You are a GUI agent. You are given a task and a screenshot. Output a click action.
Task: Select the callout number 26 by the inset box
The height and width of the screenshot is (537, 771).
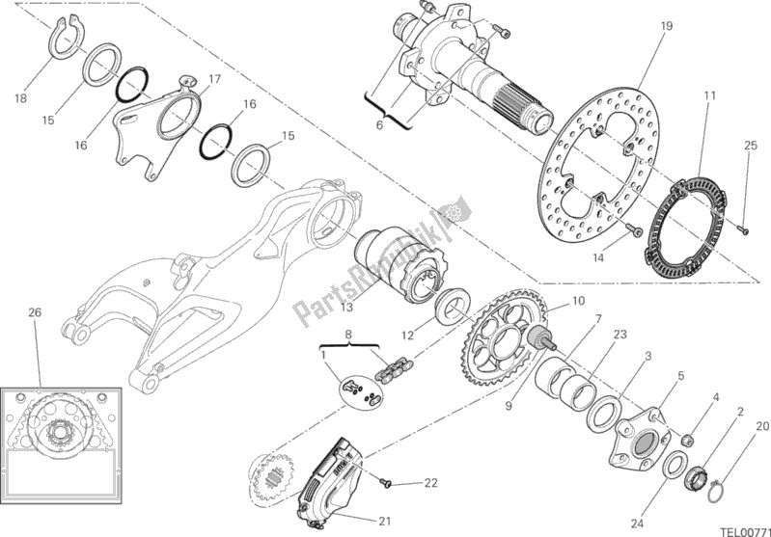coord(36,312)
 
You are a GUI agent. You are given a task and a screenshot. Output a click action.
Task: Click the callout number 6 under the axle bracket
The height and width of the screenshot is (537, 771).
coord(378,124)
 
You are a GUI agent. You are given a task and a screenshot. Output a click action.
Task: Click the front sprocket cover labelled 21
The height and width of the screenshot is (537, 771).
coord(328,472)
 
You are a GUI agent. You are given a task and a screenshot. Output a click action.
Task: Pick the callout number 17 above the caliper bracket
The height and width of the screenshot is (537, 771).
coord(215,79)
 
